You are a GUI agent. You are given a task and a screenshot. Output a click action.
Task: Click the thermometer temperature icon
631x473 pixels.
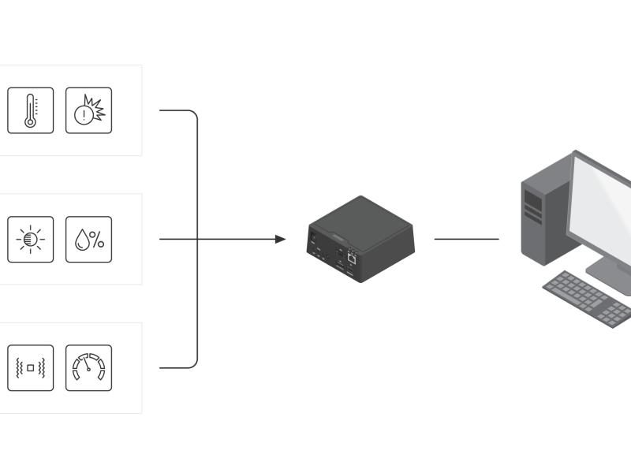tap(31, 110)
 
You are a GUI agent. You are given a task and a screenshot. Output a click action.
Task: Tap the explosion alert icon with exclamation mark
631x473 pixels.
tap(88, 110)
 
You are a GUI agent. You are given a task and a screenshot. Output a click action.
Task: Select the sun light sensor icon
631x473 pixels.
tap(31, 239)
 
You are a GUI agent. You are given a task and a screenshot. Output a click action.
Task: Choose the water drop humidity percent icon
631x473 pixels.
tap(88, 239)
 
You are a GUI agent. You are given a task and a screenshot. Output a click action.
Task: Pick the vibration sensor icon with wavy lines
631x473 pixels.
tap(31, 367)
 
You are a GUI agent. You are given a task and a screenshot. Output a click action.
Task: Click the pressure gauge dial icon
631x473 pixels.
tap(88, 367)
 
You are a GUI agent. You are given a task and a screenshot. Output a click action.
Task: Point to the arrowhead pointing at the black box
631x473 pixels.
tap(281, 239)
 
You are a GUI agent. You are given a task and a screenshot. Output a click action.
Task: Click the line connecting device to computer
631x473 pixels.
tap(466, 239)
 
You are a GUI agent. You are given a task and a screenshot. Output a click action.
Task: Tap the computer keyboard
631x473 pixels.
tap(588, 298)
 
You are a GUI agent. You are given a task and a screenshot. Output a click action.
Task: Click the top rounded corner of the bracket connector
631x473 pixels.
tap(193, 114)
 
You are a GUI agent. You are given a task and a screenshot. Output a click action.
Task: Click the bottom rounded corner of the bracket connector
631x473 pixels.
tap(193, 363)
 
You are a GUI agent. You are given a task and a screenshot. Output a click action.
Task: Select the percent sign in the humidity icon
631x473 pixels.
tap(96, 240)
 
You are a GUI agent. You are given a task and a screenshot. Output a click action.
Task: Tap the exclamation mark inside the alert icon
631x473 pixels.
tap(83, 115)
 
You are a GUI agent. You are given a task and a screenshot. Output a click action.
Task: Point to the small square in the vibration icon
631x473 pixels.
tap(31, 368)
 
